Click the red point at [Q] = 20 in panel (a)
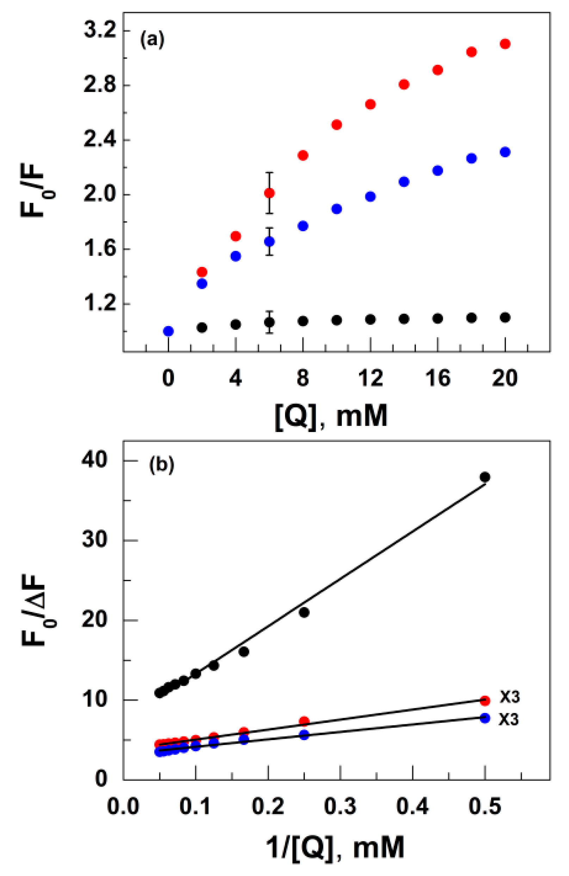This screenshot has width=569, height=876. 505,44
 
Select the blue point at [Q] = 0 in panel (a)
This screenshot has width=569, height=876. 168,331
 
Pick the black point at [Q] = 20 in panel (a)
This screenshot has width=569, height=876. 505,317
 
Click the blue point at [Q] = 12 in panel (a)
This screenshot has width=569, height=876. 371,196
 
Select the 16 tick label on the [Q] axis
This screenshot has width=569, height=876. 438,378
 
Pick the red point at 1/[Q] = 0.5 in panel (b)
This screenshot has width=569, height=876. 485,700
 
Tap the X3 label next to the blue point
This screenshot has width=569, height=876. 509,720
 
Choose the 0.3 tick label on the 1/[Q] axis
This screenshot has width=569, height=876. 340,806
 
